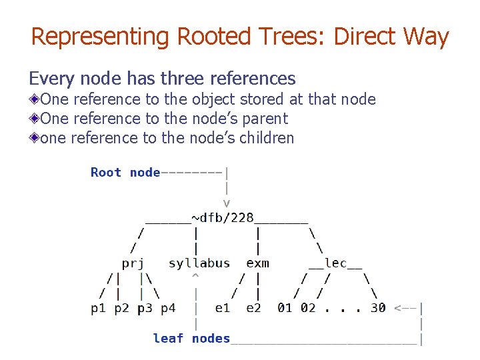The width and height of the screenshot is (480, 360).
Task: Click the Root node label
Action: (125, 173)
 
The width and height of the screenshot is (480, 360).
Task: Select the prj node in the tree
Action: (133, 263)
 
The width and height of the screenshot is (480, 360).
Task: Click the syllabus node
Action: (199, 263)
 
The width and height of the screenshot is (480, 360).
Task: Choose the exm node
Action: (257, 263)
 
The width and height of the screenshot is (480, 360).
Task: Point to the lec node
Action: (335, 263)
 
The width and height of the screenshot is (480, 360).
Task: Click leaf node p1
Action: (98, 308)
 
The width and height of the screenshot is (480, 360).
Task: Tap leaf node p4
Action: (168, 308)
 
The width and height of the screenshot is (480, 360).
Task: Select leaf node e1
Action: (222, 308)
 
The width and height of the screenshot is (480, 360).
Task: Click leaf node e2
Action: (253, 308)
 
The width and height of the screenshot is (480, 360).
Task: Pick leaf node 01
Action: (285, 308)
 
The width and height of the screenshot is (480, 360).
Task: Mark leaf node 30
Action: (378, 308)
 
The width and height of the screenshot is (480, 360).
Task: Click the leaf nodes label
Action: (191, 338)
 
